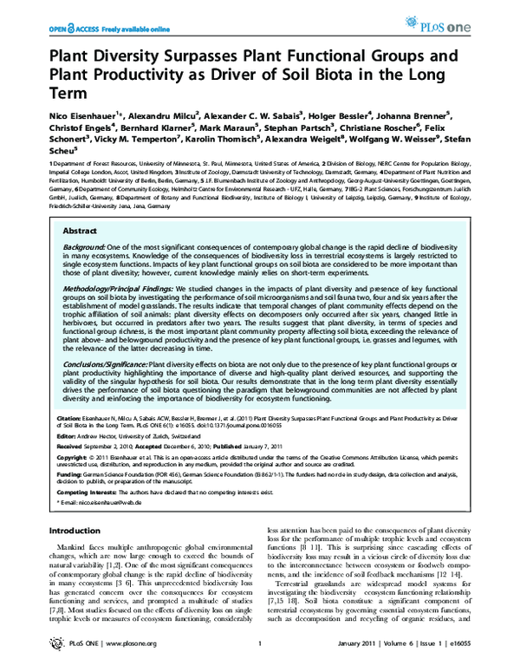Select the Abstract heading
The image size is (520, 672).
coord(81,232)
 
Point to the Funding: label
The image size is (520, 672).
coord(67,475)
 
